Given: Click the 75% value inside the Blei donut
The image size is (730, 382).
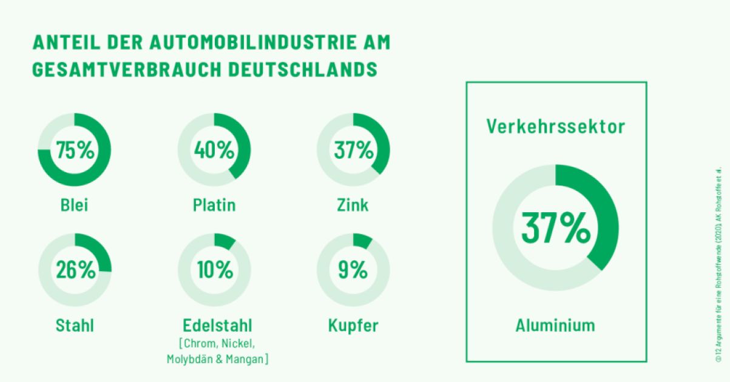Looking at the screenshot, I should pos(75,149).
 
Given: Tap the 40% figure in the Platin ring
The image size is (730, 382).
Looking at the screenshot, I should pos(214,149).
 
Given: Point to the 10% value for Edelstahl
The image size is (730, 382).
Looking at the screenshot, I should pos(214,269).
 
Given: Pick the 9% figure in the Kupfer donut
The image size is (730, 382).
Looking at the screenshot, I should pos(353,269).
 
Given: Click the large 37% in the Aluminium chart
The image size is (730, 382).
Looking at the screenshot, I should pos(555,227).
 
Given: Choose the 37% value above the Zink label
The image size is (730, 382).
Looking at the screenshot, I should pos(353,149).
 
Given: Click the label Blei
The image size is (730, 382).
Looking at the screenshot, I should pos(75,205).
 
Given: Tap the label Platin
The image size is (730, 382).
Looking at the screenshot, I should pos(214,205).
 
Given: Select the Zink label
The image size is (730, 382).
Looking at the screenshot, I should pos(353,205).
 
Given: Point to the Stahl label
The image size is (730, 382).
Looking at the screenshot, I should pos(75,326).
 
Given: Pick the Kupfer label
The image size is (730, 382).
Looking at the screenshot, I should pos(353,326).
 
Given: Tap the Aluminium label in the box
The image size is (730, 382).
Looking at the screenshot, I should pos(555,325).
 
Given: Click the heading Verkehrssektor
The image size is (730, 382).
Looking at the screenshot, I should pos(555,126).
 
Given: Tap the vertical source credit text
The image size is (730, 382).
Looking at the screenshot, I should pos(719,266).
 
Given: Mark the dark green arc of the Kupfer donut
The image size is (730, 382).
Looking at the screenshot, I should pos(363,240).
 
